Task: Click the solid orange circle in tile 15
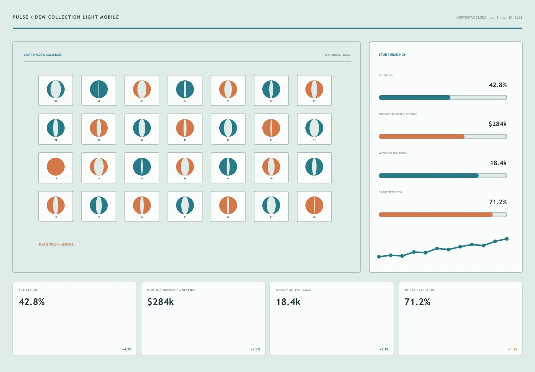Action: point(56,167)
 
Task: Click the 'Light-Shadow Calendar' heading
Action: point(42,55)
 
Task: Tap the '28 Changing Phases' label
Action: point(337,55)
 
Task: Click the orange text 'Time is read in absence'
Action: point(56,244)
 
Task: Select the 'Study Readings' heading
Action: point(392,55)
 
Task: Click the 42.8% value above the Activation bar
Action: point(498,85)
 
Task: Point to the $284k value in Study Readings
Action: point(497,124)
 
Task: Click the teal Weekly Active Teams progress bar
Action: point(429,176)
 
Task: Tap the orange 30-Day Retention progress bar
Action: point(436,215)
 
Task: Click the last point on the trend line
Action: point(507,239)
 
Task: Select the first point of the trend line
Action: point(379,257)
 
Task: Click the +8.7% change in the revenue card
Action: point(255,349)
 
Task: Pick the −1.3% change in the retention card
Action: point(513,349)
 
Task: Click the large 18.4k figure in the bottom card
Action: point(288,302)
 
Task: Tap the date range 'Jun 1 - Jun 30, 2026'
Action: point(506,17)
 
